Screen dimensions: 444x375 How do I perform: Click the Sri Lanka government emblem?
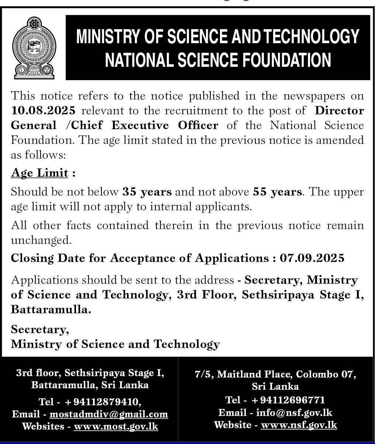point(33,47)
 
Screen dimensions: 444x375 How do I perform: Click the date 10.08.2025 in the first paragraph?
point(43,110)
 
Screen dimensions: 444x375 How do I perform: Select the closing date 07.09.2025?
point(312,258)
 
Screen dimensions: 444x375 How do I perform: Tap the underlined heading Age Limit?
point(39,173)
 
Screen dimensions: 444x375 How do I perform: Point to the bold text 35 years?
point(147,192)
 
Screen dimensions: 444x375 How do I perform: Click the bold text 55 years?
point(278,192)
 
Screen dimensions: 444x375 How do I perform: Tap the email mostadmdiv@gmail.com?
point(109,414)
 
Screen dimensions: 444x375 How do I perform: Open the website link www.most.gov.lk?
point(116,426)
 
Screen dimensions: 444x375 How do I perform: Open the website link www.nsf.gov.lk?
point(299,425)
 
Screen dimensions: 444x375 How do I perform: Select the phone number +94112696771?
point(288,400)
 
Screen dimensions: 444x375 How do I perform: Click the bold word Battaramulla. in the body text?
point(51,309)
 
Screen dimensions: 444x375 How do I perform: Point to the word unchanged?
point(41,240)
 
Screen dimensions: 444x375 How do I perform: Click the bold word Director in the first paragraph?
point(339,110)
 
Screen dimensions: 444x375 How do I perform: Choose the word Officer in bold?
point(198,125)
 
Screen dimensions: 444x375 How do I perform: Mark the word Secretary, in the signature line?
point(40,329)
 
